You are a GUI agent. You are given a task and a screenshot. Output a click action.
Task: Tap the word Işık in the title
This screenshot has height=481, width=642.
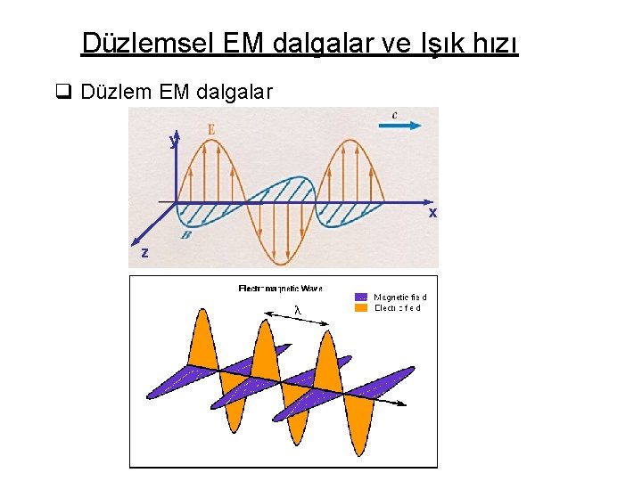(439, 43)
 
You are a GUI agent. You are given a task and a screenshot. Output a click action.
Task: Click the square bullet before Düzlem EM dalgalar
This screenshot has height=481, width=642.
(62, 92)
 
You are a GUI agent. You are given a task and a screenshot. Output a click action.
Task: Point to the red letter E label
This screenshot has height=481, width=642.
(210, 130)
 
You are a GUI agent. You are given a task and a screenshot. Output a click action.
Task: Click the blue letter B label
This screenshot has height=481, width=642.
(185, 234)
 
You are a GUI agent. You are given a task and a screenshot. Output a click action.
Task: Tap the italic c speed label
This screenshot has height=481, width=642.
(395, 114)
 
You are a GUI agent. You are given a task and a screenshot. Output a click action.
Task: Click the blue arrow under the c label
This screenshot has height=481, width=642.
(399, 126)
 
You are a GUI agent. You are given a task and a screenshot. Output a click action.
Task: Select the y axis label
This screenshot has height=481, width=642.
(174, 140)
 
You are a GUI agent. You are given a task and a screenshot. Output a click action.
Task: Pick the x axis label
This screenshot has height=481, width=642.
(432, 213)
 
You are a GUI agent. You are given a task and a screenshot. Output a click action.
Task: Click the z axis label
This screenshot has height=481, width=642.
(144, 253)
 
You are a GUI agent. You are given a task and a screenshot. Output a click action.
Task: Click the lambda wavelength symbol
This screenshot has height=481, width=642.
(298, 310)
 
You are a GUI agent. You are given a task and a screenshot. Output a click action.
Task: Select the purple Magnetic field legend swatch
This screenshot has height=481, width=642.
(361, 297)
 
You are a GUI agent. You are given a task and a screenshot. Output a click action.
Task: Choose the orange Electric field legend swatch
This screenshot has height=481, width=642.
(361, 307)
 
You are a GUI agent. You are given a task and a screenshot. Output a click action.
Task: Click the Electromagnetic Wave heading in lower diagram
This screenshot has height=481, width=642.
(280, 288)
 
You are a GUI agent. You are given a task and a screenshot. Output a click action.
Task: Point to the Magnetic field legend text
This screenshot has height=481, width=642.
(400, 297)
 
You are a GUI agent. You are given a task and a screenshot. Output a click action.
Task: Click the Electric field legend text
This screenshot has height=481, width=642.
(397, 307)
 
